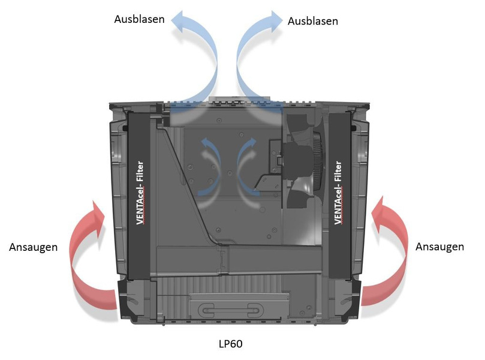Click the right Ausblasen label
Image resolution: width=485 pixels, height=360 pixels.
click(x=312, y=20)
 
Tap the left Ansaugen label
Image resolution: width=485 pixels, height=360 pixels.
click(x=34, y=247)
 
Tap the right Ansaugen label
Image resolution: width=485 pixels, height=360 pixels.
click(x=439, y=247)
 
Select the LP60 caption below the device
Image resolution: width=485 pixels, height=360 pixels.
click(x=230, y=344)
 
